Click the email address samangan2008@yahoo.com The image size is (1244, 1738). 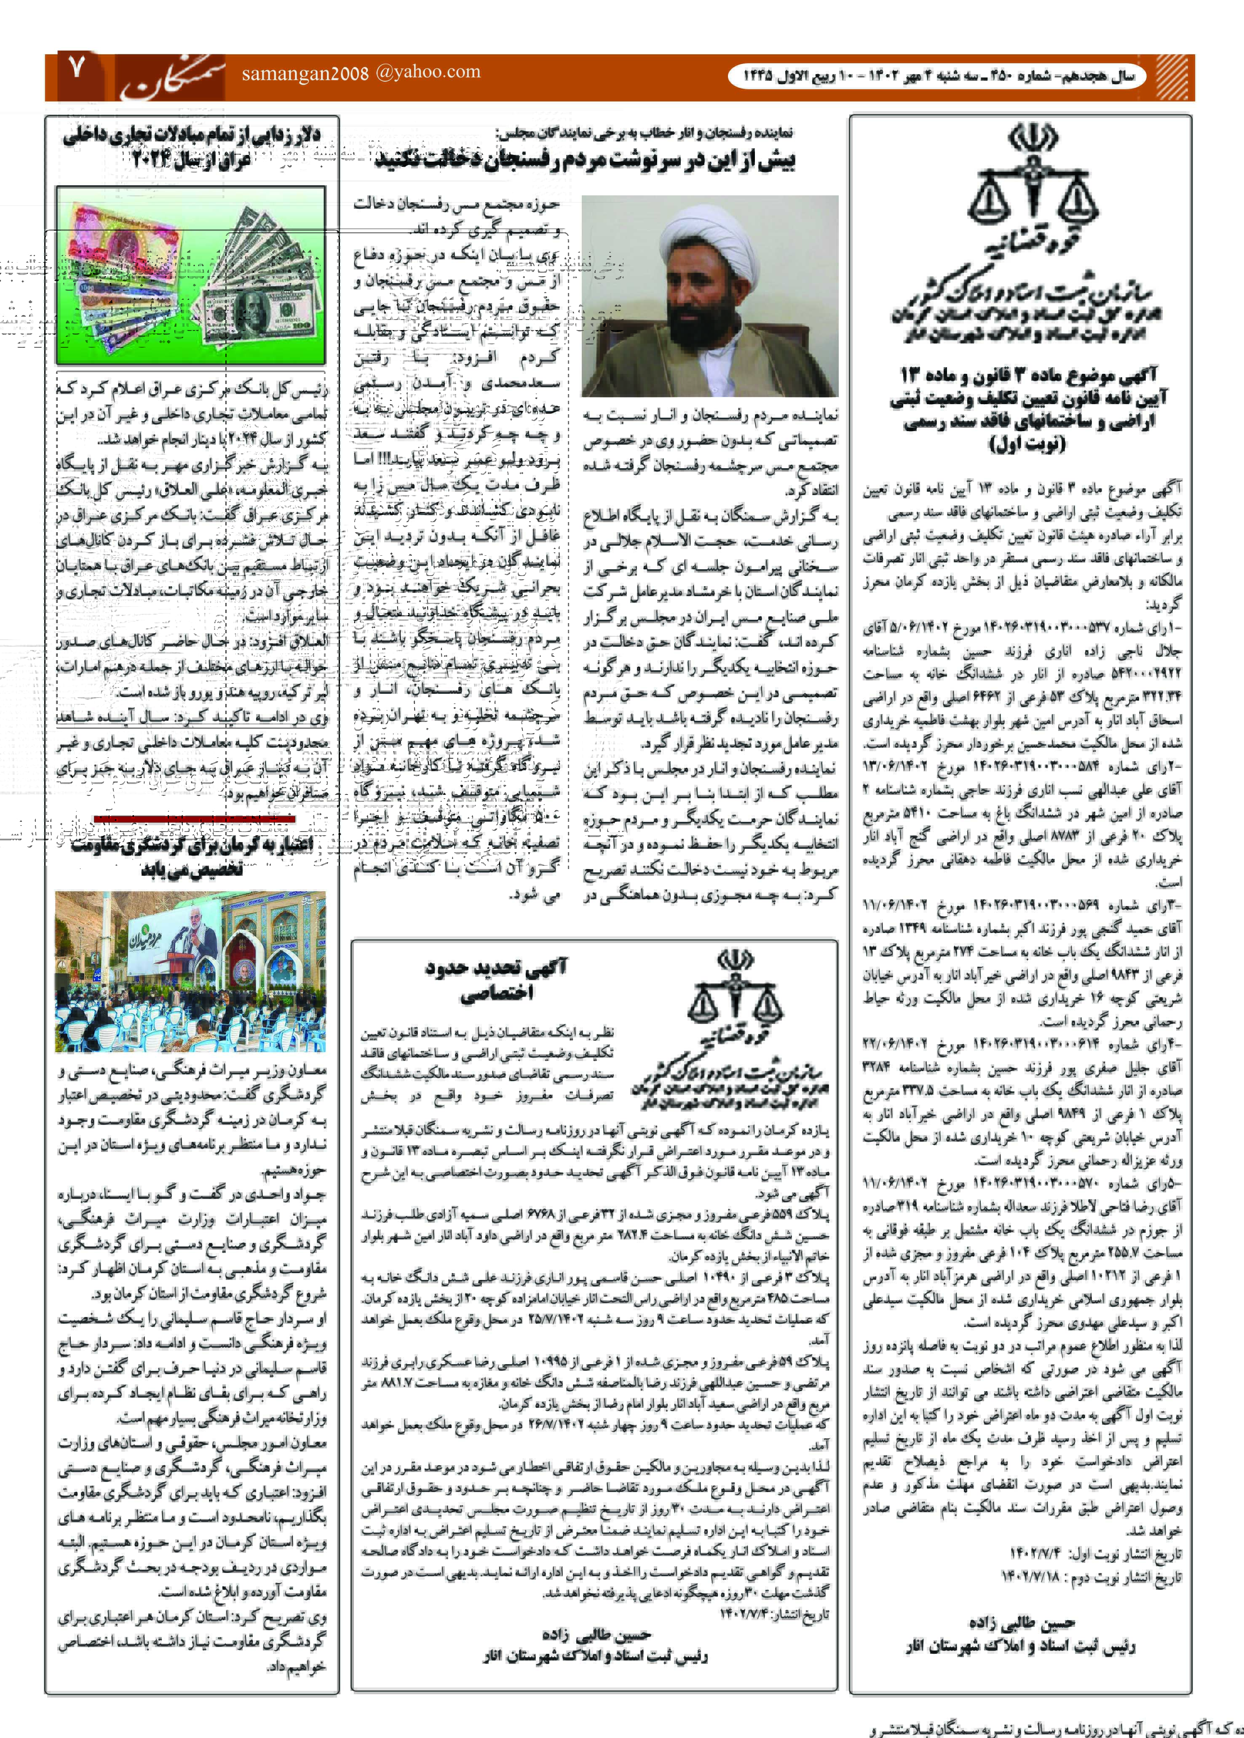pyautogui.click(x=361, y=73)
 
